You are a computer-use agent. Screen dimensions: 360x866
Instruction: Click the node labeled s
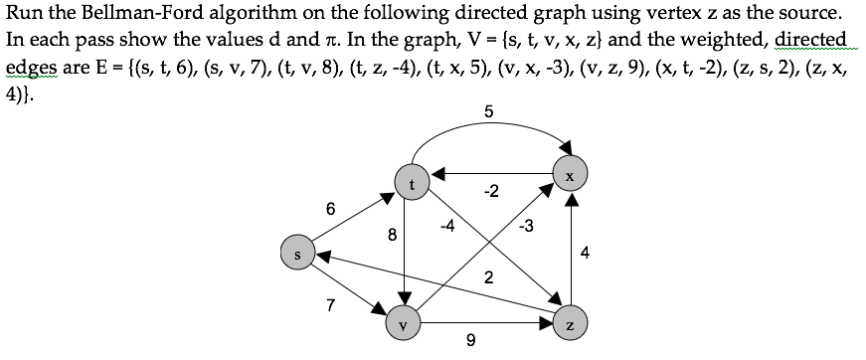pyautogui.click(x=296, y=254)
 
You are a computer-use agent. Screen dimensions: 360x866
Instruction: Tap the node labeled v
pyautogui.click(x=404, y=324)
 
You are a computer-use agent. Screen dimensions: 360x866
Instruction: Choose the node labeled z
pyautogui.click(x=570, y=324)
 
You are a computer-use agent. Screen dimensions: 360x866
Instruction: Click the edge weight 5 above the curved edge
pyautogui.click(x=487, y=112)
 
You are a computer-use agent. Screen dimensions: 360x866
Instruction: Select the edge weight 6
pyautogui.click(x=330, y=209)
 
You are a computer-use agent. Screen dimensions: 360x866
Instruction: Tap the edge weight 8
pyautogui.click(x=392, y=237)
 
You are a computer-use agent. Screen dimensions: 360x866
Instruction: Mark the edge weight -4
pyautogui.click(x=447, y=226)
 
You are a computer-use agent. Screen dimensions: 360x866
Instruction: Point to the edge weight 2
pyautogui.click(x=488, y=277)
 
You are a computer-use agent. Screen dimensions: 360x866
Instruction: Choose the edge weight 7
pyautogui.click(x=330, y=304)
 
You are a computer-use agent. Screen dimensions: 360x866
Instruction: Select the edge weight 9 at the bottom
pyautogui.click(x=470, y=342)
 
